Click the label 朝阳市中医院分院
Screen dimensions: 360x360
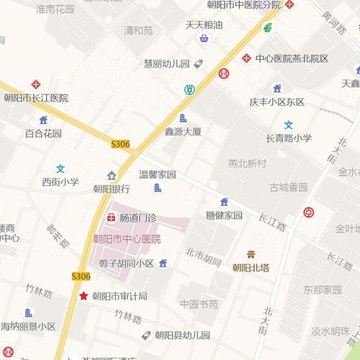(x=245, y=5)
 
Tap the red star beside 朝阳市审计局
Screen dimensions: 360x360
(x=84, y=296)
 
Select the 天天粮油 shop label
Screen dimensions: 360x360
(x=204, y=24)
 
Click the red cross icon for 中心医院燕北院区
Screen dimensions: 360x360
(x=246, y=58)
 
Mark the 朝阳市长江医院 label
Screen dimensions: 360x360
(x=36, y=98)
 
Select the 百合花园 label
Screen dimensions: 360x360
(x=43, y=133)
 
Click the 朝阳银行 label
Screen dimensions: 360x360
(x=112, y=189)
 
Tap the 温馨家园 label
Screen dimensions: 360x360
(x=158, y=175)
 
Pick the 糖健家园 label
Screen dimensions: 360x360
(x=224, y=215)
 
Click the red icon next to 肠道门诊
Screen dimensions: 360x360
(x=112, y=217)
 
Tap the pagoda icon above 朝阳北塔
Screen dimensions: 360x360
(x=251, y=254)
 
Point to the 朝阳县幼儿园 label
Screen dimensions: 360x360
(x=182, y=335)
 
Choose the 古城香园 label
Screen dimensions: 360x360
(x=289, y=187)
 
